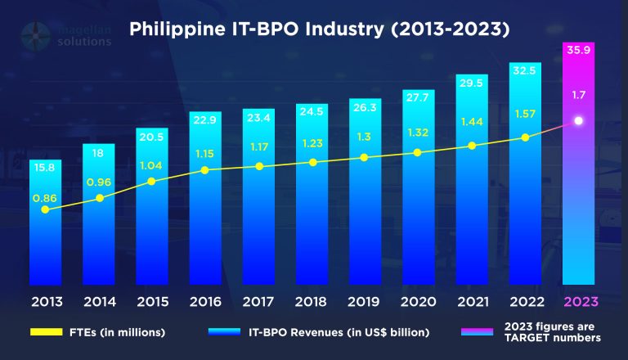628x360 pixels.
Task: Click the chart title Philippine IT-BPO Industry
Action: [320, 29]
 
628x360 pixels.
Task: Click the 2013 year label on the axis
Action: [47, 300]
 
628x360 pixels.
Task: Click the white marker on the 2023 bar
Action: [578, 121]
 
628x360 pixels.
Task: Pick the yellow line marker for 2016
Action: [206, 170]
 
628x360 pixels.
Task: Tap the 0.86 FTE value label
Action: [46, 198]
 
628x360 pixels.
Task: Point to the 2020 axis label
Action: [419, 300]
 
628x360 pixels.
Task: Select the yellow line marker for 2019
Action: [366, 157]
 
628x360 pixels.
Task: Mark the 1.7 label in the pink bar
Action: [578, 95]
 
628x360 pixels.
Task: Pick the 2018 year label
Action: [312, 300]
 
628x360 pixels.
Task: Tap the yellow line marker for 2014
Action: [100, 197]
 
